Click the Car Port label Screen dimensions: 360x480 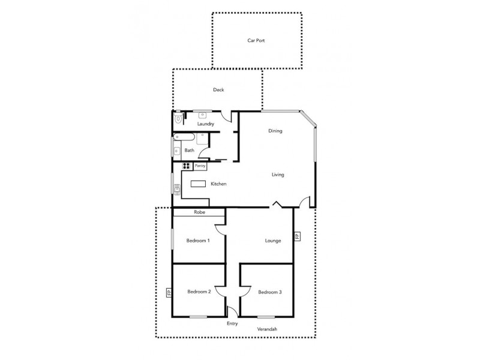(256, 41)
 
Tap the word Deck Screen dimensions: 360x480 (218, 90)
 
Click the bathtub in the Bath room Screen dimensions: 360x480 (177, 147)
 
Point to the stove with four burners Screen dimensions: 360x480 (186, 166)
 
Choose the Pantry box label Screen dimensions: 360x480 (200, 166)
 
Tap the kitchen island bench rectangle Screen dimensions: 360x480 (198, 184)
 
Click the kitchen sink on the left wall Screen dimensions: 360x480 (177, 190)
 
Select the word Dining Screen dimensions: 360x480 (275, 131)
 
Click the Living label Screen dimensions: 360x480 (277, 175)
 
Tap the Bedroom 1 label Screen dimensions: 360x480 (198, 241)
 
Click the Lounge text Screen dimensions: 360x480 (273, 241)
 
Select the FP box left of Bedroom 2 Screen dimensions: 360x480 (169, 293)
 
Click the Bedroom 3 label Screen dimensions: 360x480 (269, 292)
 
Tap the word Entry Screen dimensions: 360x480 (232, 323)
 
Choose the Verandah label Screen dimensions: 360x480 (266, 329)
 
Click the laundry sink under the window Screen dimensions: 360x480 (203, 114)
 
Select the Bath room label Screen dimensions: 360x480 (189, 151)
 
